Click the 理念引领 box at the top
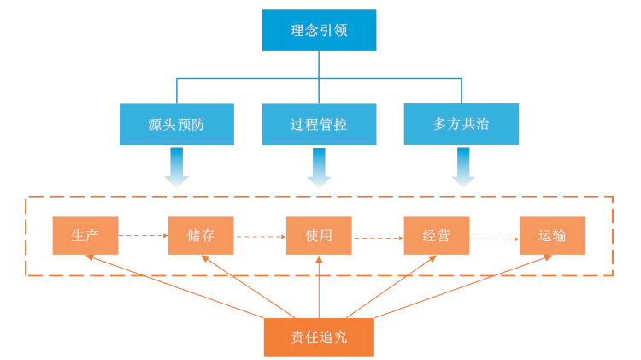[x=319, y=31]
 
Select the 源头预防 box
[x=176, y=124]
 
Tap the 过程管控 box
[x=319, y=124]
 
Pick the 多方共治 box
[x=461, y=123]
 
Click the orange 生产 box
[x=85, y=235]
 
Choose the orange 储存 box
[x=202, y=235]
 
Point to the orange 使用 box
[x=319, y=235]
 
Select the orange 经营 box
[x=436, y=235]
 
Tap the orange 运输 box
[x=553, y=235]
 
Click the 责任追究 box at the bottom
[x=319, y=336]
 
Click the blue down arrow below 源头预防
[x=177, y=166]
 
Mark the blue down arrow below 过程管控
[x=319, y=166]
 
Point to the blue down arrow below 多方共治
[x=462, y=166]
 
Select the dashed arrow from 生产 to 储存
[x=143, y=235]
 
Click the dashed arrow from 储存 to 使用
[x=260, y=236]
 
